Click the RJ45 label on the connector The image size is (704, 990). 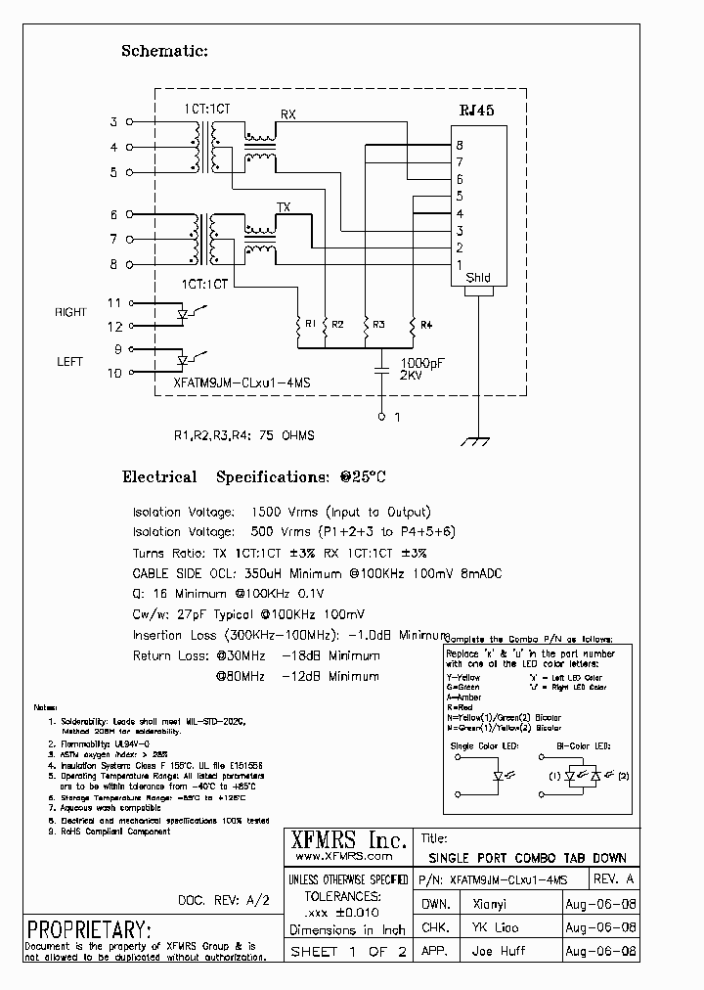[477, 112]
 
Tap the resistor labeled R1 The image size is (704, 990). [298, 324]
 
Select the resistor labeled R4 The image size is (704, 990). [413, 324]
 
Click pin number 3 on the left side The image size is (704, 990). [113, 122]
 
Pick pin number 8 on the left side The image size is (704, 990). [113, 264]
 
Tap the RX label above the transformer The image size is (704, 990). [287, 114]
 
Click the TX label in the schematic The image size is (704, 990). [284, 207]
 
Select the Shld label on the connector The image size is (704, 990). [478, 278]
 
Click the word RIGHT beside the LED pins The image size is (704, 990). [70, 313]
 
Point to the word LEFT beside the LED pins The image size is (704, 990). [70, 362]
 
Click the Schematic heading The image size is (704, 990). [164, 51]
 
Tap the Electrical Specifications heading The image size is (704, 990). [253, 477]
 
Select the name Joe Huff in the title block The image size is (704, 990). [498, 951]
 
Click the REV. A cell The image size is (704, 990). [600, 879]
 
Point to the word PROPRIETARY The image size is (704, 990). [89, 928]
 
